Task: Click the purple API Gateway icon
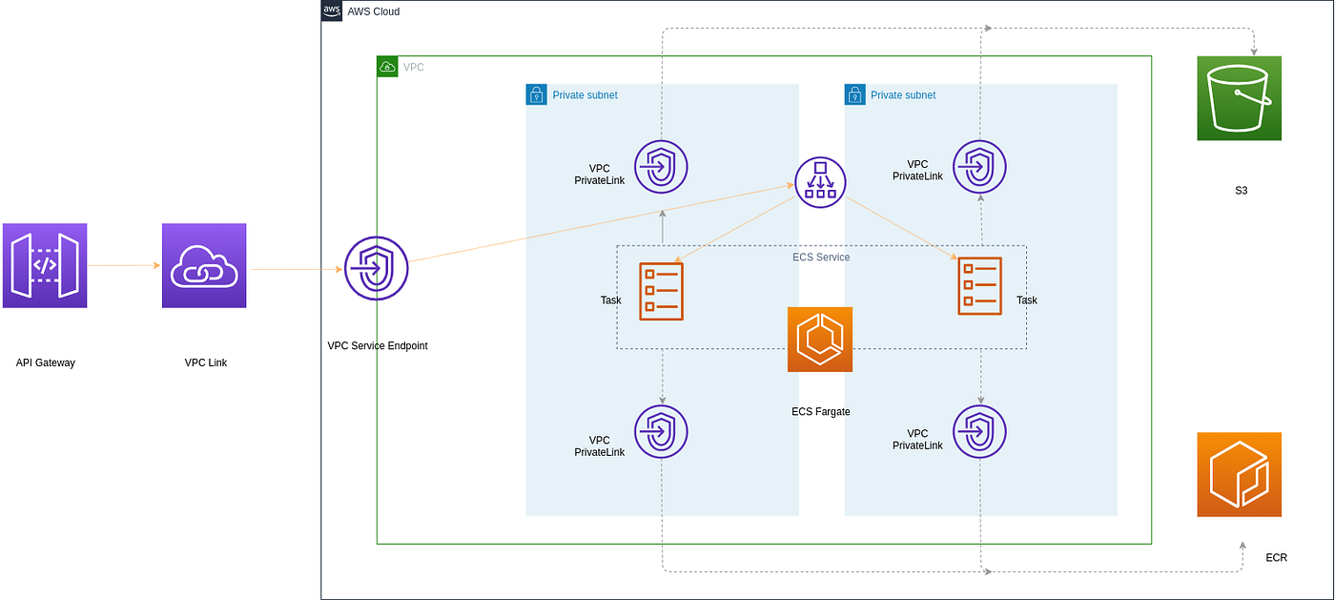[45, 265]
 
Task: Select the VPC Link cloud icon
[204, 265]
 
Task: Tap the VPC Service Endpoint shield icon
[376, 268]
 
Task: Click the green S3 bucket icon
[1239, 98]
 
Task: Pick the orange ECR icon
[1239, 475]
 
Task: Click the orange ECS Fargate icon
[820, 340]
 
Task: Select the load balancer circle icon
[820, 182]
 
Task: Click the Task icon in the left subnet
[661, 292]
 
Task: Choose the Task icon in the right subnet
[980, 285]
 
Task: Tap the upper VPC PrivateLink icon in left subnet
[661, 167]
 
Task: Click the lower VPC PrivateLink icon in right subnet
[979, 432]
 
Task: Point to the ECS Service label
[821, 257]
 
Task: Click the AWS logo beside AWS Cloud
[332, 10]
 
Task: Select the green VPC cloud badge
[387, 67]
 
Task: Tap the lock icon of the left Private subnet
[536, 94]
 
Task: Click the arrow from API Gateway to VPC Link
[124, 265]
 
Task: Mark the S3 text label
[1241, 191]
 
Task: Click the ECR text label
[1276, 558]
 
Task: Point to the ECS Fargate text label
[821, 411]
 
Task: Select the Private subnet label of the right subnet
[903, 94]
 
